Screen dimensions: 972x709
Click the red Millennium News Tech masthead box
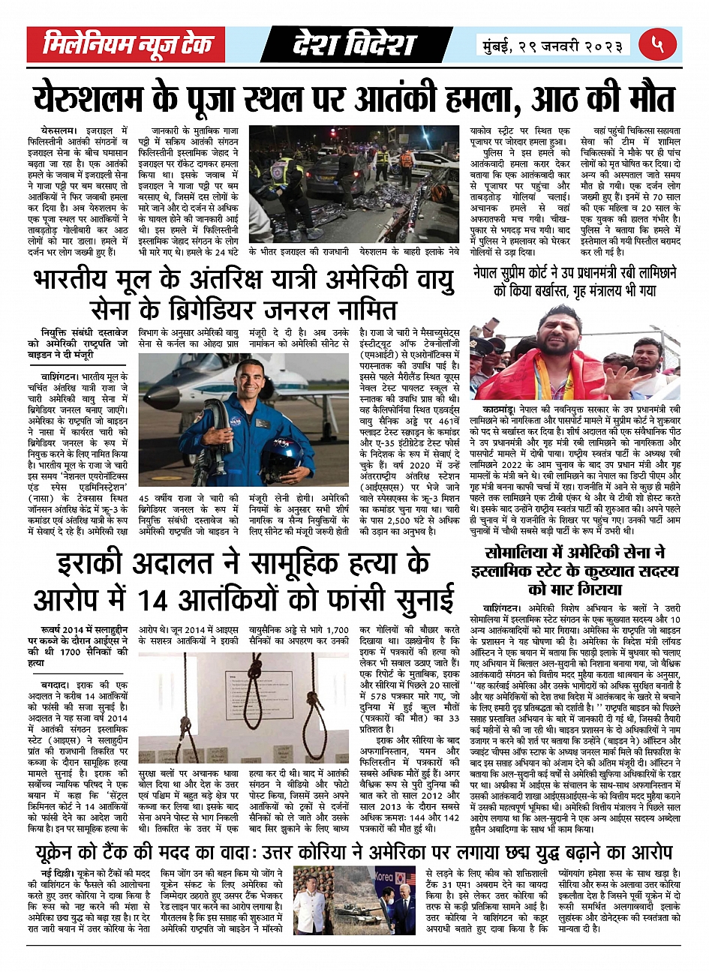[x=125, y=45]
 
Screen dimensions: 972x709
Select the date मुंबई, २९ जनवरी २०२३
[x=552, y=46]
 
